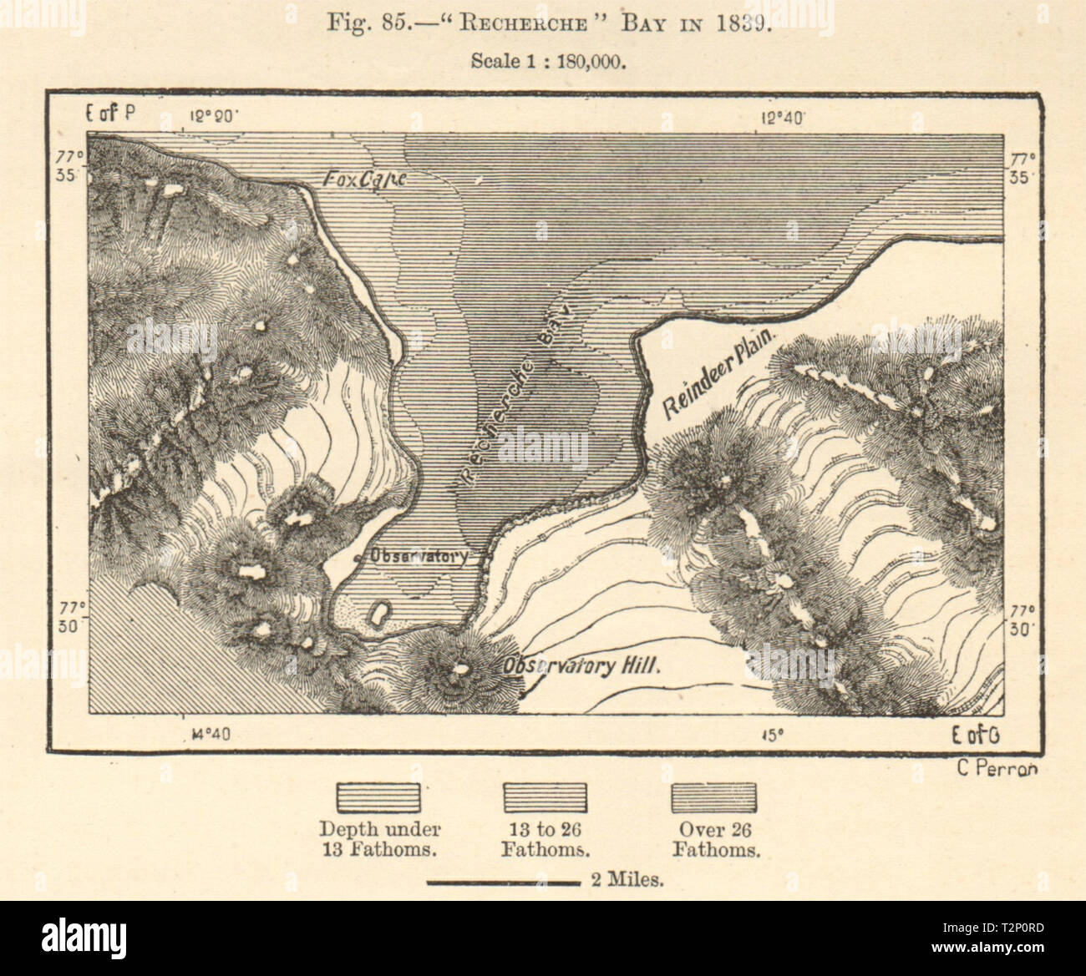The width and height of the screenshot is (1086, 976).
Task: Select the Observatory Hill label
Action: (x=581, y=665)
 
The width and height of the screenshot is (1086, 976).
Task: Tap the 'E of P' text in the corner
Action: (x=110, y=115)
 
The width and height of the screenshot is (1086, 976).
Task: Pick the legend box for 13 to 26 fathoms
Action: (x=545, y=797)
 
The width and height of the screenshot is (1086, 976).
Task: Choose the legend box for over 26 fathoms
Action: (x=714, y=797)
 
